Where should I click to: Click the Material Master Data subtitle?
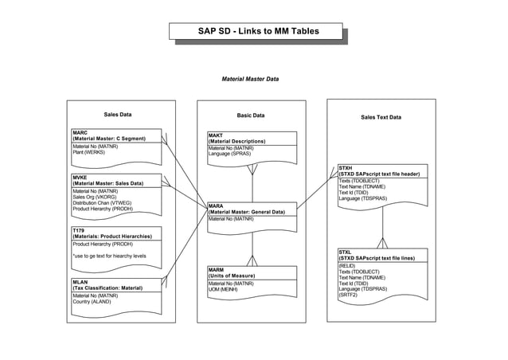click(250, 79)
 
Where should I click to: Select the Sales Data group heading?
click(118, 115)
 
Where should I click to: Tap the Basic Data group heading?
click(252, 115)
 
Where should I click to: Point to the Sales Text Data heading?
click(381, 117)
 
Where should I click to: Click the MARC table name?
click(80, 132)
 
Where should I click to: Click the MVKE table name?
click(80, 178)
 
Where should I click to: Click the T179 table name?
click(79, 230)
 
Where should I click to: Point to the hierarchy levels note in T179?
click(109, 256)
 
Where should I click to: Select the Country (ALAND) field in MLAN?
click(92, 302)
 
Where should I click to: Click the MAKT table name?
click(216, 135)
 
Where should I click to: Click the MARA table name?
click(216, 205)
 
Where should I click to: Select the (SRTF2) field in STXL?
click(349, 295)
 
